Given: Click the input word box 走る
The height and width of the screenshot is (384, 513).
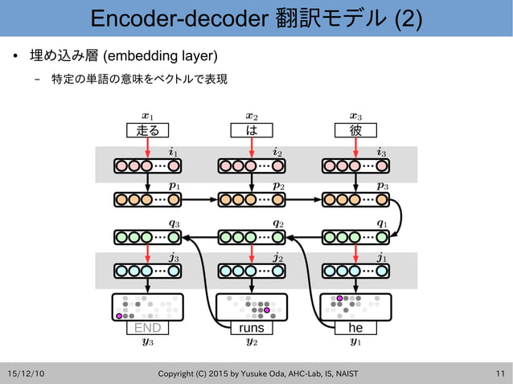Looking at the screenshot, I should coord(148,130).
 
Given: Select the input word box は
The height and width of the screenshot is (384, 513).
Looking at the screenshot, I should coord(252,130).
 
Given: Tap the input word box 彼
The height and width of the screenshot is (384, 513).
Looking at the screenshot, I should coord(355,130).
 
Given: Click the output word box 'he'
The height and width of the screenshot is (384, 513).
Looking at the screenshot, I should coord(355,328).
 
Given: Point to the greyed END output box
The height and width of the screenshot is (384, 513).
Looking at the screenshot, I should coord(148,328).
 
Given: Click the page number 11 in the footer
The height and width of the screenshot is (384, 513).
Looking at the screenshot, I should coord(500,374).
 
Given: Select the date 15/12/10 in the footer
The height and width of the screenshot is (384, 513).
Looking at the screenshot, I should coord(26,374).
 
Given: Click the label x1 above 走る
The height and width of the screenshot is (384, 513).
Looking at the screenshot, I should coord(148,116).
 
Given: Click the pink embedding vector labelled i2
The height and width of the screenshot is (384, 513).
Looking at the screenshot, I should coord(252,166).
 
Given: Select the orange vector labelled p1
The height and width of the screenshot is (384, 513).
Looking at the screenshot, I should coord(148,198).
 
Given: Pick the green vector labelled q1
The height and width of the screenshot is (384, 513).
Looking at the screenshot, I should coord(355,237).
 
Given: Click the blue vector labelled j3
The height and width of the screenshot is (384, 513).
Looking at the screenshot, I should coord(148,271).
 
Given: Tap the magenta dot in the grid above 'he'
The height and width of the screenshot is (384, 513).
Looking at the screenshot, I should coord(340,298).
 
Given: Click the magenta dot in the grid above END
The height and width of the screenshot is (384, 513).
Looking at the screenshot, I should coord(119,317).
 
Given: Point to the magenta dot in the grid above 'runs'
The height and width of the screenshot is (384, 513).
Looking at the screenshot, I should coord(267,310).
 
